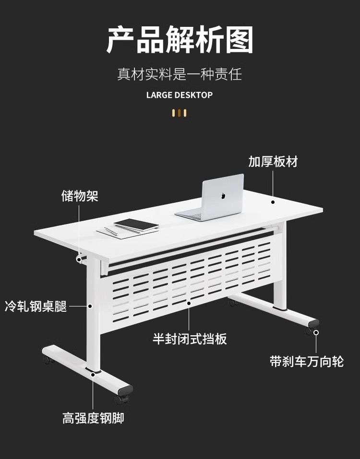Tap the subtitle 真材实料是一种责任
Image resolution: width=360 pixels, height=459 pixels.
click(180, 74)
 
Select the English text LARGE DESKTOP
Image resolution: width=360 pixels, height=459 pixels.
click(180, 95)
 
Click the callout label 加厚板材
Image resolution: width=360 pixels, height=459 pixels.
click(273, 162)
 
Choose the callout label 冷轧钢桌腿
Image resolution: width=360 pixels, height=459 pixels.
click(36, 306)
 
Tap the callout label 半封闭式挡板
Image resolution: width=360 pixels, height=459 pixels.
click(190, 339)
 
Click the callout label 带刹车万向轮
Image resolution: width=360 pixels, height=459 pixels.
click(307, 361)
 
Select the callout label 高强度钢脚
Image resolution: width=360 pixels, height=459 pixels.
click(93, 418)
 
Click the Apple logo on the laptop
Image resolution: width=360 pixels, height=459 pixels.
click(222, 196)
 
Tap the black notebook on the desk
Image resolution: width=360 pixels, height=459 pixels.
click(136, 224)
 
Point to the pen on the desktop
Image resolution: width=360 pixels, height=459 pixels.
click(111, 232)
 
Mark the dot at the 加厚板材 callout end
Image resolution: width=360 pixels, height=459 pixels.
click(273, 201)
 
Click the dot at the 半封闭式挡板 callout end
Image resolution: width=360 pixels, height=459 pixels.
click(189, 303)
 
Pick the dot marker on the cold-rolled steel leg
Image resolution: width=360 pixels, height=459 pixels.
click(89, 305)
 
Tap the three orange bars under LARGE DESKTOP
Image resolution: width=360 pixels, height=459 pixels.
click(180, 113)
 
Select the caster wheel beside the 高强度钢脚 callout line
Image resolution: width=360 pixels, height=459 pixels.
click(122, 398)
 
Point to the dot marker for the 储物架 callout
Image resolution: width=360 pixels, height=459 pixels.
click(79, 259)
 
